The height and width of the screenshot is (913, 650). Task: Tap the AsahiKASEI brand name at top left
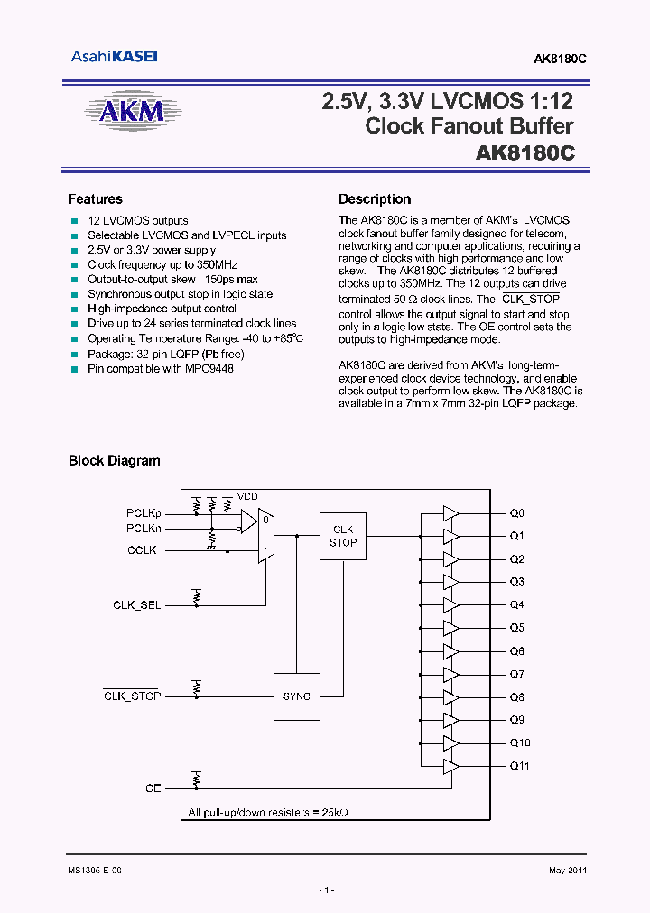[x=114, y=56]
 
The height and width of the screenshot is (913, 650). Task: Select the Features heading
[x=95, y=199]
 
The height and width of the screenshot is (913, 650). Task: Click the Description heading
[x=375, y=199]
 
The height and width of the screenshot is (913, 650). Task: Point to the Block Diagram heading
[x=115, y=461]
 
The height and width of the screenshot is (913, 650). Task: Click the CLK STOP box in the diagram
[x=343, y=536]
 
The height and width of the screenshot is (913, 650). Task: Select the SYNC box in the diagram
[x=296, y=696]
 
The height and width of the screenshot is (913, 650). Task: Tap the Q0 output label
[x=516, y=513]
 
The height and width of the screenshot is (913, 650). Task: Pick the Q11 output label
[x=519, y=766]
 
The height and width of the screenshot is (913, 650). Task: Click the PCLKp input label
[x=143, y=513]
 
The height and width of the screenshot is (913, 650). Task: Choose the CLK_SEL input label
[x=137, y=604]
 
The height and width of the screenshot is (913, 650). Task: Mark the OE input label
[x=153, y=788]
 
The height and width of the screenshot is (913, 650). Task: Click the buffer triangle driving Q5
[x=450, y=628]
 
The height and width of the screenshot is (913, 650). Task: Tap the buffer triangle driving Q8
[x=450, y=696]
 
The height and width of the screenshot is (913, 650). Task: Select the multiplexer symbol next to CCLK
[x=266, y=535]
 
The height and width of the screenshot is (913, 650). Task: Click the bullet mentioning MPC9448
[x=160, y=369]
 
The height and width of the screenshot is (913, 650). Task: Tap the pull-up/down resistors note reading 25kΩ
[x=268, y=812]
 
